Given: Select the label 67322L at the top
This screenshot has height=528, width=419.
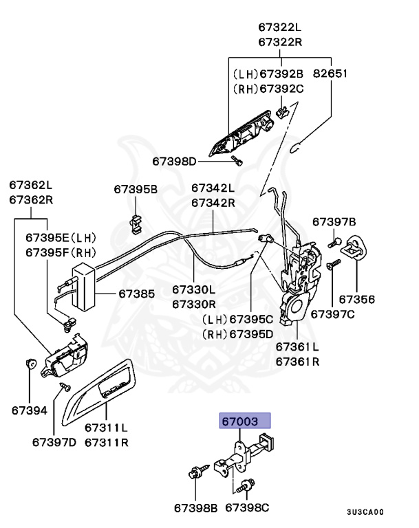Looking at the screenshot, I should pos(280,28).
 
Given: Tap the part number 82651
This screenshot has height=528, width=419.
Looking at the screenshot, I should pos(331,74).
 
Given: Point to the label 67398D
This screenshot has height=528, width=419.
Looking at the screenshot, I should pos(174,162).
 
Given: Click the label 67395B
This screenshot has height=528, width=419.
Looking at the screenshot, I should pos(136,188).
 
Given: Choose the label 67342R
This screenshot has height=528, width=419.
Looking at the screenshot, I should pos(213,203).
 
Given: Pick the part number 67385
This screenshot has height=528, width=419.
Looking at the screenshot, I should pos(136,294).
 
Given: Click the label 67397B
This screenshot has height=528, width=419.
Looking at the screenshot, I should pos(334,221).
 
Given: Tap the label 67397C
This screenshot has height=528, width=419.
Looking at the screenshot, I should pos(332,313).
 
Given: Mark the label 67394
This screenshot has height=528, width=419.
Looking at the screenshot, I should pos(29,410).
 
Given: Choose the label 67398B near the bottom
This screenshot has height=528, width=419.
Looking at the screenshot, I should pos(195,508).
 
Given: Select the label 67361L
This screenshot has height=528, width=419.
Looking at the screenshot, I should pos(297,347).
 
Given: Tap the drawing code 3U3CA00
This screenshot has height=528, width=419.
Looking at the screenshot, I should pos(365,512).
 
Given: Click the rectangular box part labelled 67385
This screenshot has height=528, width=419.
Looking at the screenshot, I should pos(83,288).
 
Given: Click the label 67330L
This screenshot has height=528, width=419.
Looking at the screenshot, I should pos(193,290).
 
